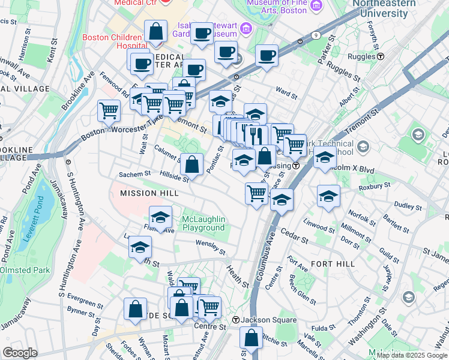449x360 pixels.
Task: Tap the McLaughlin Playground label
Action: pyautogui.click(x=203, y=223)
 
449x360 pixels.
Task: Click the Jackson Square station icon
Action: pyautogui.click(x=237, y=320)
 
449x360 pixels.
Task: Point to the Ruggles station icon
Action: pyautogui.click(x=381, y=56)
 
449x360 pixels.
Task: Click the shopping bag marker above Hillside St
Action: pyautogui.click(x=191, y=164)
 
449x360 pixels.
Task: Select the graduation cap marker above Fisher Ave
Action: pyautogui.click(x=161, y=217)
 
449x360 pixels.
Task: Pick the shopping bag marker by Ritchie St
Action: pyautogui.click(x=252, y=338)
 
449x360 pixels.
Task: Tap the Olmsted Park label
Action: pyautogui.click(x=25, y=270)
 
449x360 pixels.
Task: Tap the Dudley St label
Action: pyautogui.click(x=408, y=206)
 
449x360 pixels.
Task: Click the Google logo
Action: pyautogui.click(x=20, y=353)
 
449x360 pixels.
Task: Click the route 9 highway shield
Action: pyautogui.click(x=316, y=35)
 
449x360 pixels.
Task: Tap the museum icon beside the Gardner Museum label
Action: pyautogui.click(x=245, y=28)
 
